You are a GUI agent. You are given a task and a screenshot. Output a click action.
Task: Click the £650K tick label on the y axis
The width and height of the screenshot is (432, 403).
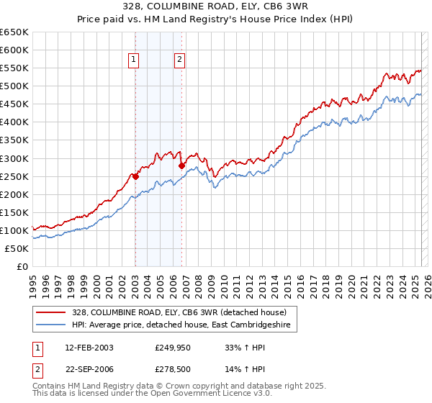pyautogui.click(x=14, y=32)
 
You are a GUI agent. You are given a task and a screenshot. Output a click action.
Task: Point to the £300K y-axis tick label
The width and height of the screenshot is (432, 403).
pyautogui.click(x=14, y=158)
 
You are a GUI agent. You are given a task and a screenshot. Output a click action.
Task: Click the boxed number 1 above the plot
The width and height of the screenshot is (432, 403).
pyautogui.click(x=135, y=60)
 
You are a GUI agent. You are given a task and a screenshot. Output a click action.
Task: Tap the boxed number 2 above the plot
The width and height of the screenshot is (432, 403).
pyautogui.click(x=179, y=60)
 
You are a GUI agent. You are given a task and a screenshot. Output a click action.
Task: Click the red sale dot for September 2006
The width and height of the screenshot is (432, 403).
pyautogui.click(x=181, y=166)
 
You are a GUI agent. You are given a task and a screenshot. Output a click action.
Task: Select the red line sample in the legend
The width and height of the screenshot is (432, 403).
pyautogui.click(x=50, y=312)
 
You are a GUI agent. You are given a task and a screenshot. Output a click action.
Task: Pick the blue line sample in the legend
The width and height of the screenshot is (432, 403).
pyautogui.click(x=50, y=325)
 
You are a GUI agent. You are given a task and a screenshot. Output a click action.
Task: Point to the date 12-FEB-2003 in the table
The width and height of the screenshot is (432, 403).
pyautogui.click(x=89, y=348)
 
